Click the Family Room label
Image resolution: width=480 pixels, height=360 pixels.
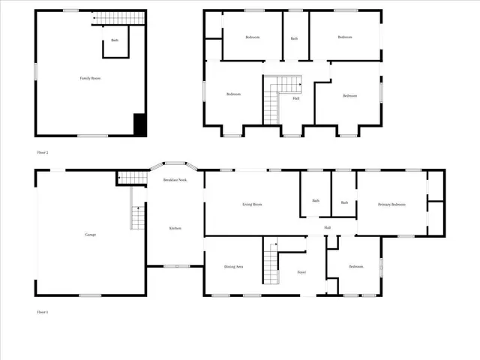(91, 78)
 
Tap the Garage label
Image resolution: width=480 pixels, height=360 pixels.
(90, 235)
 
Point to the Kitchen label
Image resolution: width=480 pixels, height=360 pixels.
(175, 228)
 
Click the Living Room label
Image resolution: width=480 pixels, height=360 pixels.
(252, 204)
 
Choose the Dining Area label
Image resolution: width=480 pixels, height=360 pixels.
(233, 267)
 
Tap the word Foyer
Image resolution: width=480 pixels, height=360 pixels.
(301, 272)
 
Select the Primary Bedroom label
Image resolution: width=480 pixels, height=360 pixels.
(392, 204)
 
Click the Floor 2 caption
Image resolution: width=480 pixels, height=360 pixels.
(43, 152)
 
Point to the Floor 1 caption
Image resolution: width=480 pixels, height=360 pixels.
(43, 311)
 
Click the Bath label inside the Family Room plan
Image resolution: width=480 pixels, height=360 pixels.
(115, 40)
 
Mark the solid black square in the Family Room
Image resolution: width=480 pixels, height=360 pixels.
(139, 124)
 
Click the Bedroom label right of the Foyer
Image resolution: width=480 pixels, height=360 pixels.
(356, 267)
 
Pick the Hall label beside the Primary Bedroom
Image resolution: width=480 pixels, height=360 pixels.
(328, 228)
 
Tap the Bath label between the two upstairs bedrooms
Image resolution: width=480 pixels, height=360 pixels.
(295, 38)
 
